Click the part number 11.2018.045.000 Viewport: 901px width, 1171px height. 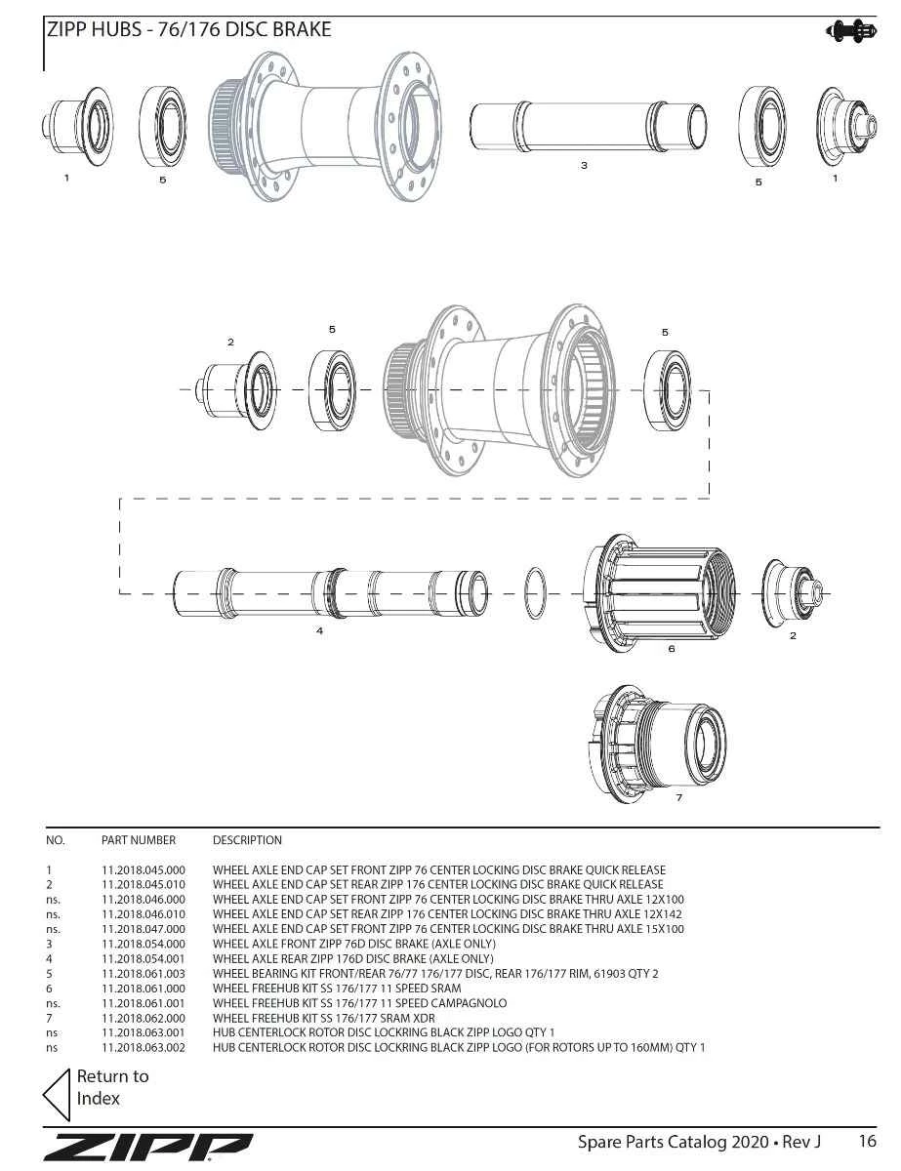coord(143,869)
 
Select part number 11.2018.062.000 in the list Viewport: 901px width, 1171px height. coord(143,1018)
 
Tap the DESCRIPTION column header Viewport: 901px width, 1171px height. coord(247,840)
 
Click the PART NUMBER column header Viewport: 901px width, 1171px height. coord(139,840)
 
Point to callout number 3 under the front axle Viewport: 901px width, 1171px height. coord(584,166)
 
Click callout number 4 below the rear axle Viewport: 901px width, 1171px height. coord(319,630)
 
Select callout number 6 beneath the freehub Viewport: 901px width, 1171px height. coord(672,648)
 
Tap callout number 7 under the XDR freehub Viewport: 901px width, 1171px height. coord(679,797)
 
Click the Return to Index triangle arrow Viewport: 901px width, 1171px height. coord(58,1095)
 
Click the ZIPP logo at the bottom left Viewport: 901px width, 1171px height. coord(147,1148)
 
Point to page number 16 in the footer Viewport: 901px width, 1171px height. coord(867,1141)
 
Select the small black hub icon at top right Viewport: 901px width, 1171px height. coord(851,30)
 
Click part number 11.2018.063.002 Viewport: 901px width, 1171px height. coord(143,1048)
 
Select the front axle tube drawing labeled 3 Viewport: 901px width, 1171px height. coord(588,127)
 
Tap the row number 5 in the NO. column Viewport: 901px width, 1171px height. coord(49,974)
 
